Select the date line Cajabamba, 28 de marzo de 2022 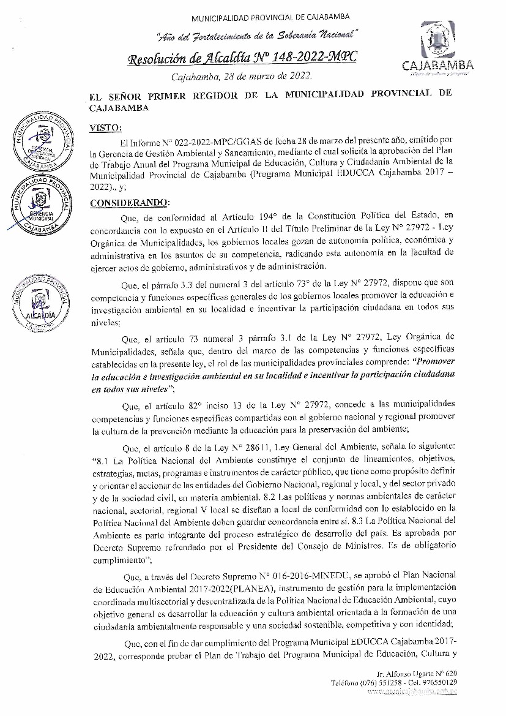click(242, 77)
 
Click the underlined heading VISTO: click(106, 127)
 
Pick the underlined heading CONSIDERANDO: click(130, 203)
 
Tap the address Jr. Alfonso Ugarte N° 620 click(417, 673)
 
